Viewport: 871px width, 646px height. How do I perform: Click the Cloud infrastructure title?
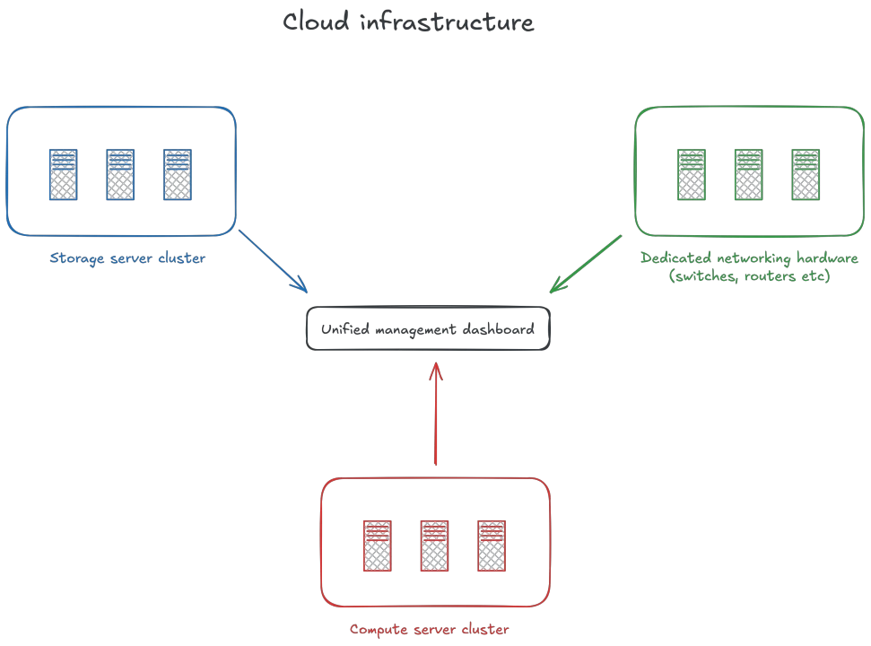coord(408,22)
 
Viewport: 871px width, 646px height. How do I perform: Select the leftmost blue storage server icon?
coord(63,174)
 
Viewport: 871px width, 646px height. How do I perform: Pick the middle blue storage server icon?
coord(120,174)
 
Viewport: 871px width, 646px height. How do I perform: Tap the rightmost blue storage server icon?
coord(177,174)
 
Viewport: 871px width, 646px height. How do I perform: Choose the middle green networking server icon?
coord(748,174)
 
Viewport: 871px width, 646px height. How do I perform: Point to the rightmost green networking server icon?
coord(805,174)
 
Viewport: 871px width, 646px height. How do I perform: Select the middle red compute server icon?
coord(434,545)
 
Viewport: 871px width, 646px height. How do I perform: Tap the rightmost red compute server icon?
coord(492,545)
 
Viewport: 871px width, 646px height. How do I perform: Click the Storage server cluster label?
coord(127,259)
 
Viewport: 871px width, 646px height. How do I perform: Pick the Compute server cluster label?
coord(429,630)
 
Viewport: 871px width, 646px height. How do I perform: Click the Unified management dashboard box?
coord(428,329)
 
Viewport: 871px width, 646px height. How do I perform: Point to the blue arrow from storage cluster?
coord(274,261)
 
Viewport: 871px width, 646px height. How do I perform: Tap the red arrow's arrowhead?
coord(435,369)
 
